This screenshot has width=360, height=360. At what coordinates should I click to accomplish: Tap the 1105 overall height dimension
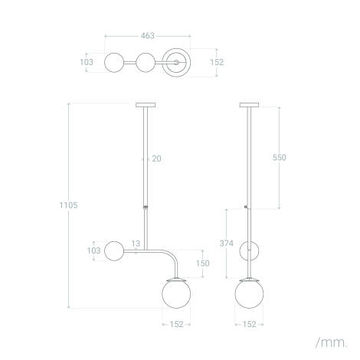click(69, 205)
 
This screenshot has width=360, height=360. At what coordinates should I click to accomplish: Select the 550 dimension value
click(280, 157)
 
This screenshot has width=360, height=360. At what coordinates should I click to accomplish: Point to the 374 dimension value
click(227, 243)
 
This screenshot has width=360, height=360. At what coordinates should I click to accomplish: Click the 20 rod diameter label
click(156, 159)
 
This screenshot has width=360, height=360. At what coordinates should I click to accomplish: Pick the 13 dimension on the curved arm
click(136, 244)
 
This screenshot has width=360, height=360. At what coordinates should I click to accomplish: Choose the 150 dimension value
click(202, 263)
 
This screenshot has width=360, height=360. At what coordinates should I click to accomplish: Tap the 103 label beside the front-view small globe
click(93, 250)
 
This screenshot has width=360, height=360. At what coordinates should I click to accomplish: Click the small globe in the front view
click(116, 250)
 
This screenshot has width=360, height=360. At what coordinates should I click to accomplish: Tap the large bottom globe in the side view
click(249, 294)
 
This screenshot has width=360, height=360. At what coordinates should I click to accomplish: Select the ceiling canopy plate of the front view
click(145, 105)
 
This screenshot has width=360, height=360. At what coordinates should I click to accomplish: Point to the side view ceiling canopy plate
click(249, 105)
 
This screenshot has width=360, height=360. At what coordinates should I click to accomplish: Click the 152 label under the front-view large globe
click(178, 325)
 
